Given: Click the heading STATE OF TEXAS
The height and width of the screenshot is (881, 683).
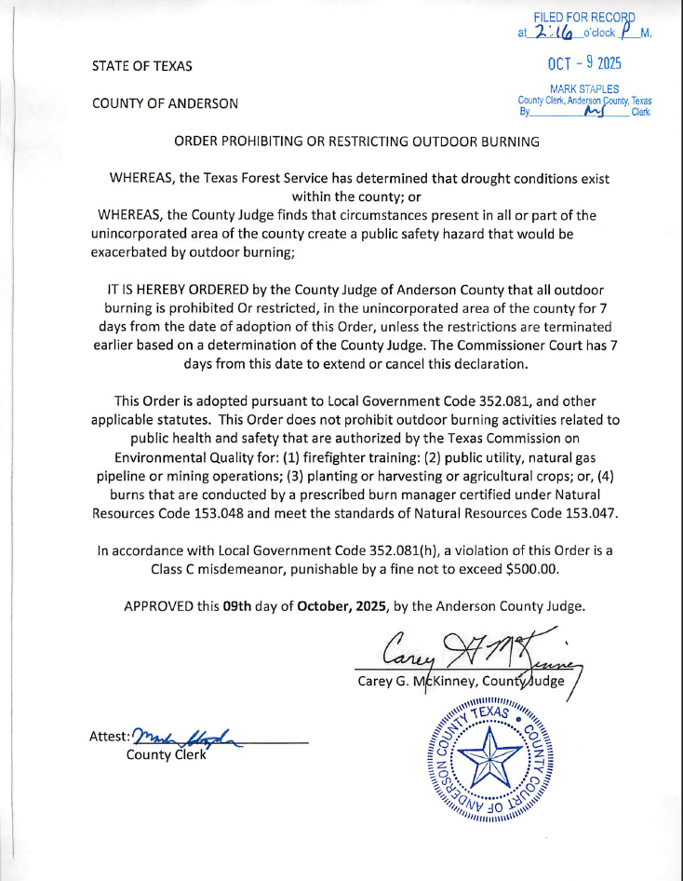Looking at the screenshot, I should tap(142, 66).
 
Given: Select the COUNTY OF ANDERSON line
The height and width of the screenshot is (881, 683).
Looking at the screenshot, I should tap(165, 103).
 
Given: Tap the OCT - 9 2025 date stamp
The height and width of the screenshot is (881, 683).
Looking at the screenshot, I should tap(584, 63).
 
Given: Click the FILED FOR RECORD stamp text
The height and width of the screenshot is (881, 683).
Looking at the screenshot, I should tap(584, 17).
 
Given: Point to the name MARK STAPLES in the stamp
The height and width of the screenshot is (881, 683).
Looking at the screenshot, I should tap(584, 88).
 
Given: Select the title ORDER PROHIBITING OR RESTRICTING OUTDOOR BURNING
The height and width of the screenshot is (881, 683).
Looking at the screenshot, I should tap(356, 142).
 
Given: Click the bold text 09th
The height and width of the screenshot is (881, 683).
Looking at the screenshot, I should tap(239, 606).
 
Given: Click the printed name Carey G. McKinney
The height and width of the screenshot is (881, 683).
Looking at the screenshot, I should tap(417, 681).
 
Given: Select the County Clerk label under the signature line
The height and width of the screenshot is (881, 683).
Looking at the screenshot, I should tap(165, 753).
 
